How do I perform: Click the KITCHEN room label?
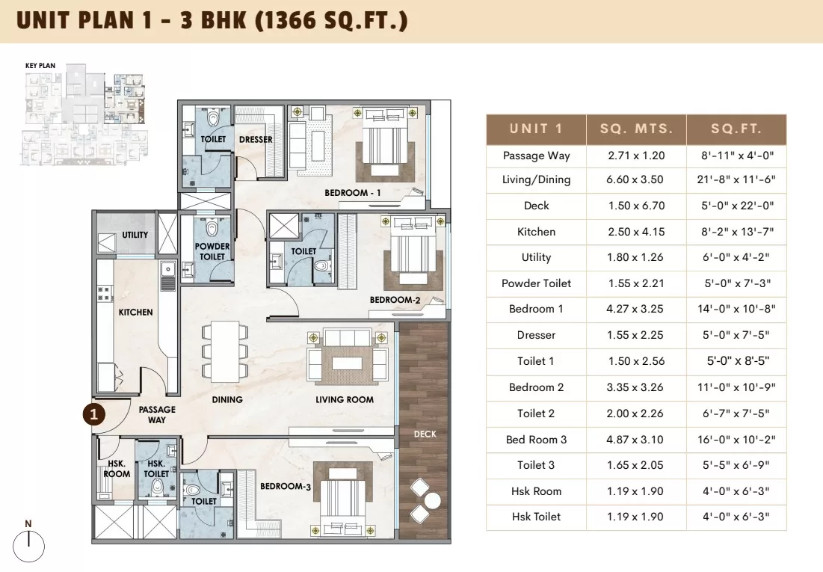[x=135, y=312]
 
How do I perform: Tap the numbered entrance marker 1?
[x=94, y=414]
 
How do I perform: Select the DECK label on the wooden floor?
[x=425, y=434]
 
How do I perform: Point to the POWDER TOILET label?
[x=212, y=251]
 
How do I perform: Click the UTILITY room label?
[x=135, y=235]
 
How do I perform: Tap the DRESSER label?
[x=256, y=139]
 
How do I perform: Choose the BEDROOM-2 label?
[x=395, y=300]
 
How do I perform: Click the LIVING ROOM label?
[x=345, y=400]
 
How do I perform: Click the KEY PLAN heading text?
[x=40, y=66]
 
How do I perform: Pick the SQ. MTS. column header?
[x=637, y=129]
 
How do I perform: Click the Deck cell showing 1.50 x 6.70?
[x=637, y=206]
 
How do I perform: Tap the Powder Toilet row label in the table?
[x=536, y=283]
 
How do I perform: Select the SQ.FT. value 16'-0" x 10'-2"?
[x=736, y=440]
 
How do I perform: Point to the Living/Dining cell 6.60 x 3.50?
[x=635, y=179]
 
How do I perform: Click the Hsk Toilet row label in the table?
[x=536, y=517]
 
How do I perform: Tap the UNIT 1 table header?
[x=536, y=129]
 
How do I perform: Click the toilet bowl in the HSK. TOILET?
[x=157, y=488]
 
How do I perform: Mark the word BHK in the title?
[x=224, y=20]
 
